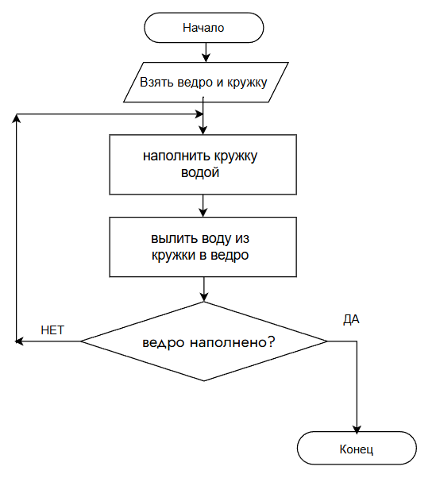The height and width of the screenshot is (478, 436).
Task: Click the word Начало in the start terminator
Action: [203, 28]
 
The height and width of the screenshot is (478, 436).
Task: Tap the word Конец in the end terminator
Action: [356, 449]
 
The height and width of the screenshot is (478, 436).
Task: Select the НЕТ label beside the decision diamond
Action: [52, 330]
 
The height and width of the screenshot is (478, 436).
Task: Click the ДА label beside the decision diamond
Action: [351, 320]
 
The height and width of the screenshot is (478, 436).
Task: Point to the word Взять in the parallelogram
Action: [156, 83]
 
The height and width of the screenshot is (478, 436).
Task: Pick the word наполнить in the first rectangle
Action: [176, 156]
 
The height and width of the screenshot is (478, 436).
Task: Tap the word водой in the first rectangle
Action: [200, 172]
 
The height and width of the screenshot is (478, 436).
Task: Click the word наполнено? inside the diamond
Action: [233, 342]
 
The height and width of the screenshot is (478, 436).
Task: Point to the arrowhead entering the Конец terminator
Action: [357, 429]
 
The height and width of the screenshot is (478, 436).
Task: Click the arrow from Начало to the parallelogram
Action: [206, 52]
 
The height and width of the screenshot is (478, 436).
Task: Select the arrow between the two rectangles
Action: [203, 206]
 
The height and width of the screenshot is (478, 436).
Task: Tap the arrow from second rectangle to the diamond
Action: [203, 289]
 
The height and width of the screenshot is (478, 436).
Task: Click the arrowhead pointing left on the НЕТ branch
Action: [19, 341]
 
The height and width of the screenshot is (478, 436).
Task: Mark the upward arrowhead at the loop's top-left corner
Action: [16, 118]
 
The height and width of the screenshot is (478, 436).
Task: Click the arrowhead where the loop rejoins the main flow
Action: [199, 114]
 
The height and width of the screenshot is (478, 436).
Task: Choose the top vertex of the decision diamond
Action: [204, 302]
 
